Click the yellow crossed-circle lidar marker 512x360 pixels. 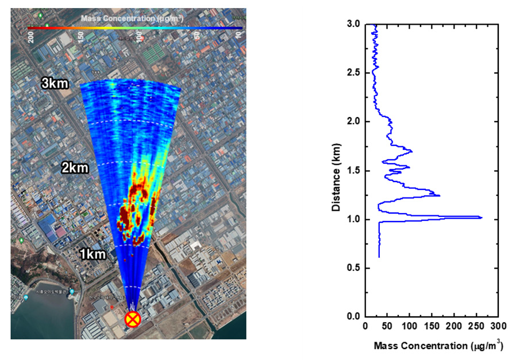click(x=133, y=319)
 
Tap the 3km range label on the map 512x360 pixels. click(x=55, y=84)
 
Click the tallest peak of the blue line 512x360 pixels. click(x=482, y=218)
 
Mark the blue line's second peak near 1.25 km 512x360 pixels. click(x=440, y=196)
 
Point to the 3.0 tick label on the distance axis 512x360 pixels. click(x=353, y=25)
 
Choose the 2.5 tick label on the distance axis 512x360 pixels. click(x=353, y=73)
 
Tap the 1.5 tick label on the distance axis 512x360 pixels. click(x=353, y=171)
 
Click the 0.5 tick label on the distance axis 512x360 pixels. click(x=353, y=268)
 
